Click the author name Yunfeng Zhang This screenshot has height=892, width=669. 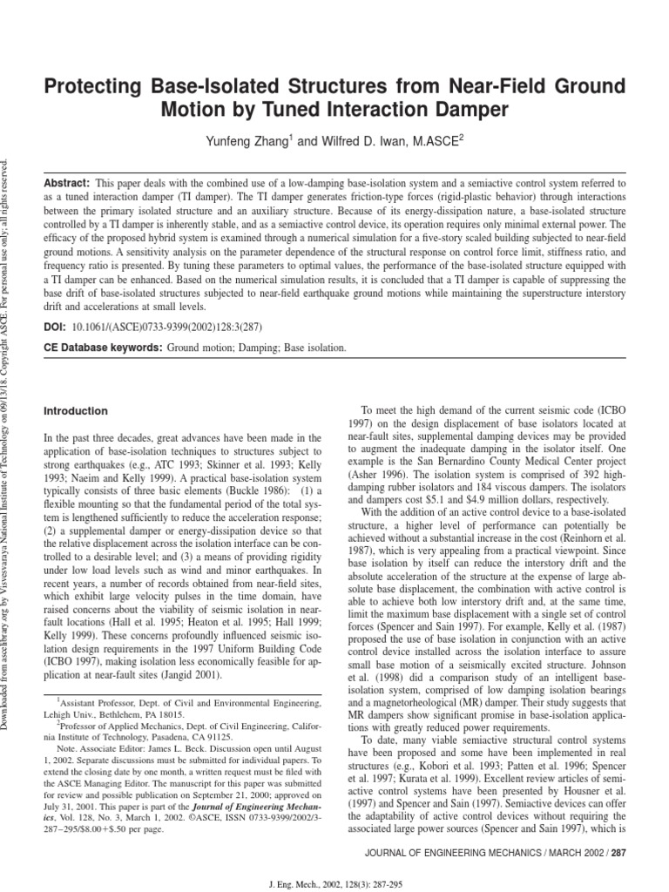pyautogui.click(x=247, y=139)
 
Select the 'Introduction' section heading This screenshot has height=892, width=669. pyautogui.click(x=76, y=411)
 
